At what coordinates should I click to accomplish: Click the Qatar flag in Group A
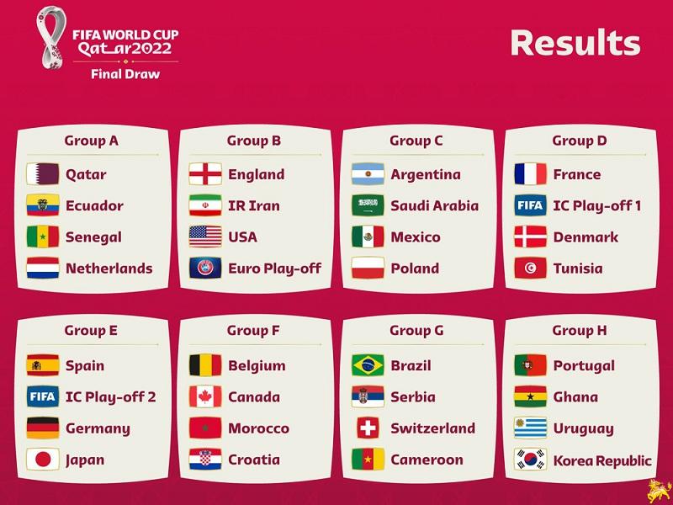tap(43, 174)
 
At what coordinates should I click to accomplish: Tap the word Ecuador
tap(94, 205)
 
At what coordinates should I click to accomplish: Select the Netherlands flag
tap(43, 268)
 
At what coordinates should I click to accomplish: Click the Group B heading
tap(253, 141)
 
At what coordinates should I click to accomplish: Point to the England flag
tap(205, 174)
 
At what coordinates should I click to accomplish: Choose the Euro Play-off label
tap(274, 268)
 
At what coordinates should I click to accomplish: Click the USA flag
tap(205, 237)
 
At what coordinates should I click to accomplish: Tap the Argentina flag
tap(368, 174)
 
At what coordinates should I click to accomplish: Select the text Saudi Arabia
tap(434, 205)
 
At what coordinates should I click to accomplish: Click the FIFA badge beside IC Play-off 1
tap(531, 205)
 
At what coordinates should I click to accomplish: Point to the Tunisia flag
tap(531, 268)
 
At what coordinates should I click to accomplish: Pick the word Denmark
tap(586, 237)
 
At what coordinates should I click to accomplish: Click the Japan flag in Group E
tap(43, 460)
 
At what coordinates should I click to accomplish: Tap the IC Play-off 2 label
tap(110, 397)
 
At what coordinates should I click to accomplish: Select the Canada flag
tap(205, 396)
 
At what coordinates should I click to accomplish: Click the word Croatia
tap(254, 460)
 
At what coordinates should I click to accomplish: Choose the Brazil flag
tap(368, 365)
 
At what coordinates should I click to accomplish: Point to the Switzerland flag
tap(368, 428)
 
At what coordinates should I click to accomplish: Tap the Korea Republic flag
tap(531, 460)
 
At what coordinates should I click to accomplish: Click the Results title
tap(575, 43)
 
